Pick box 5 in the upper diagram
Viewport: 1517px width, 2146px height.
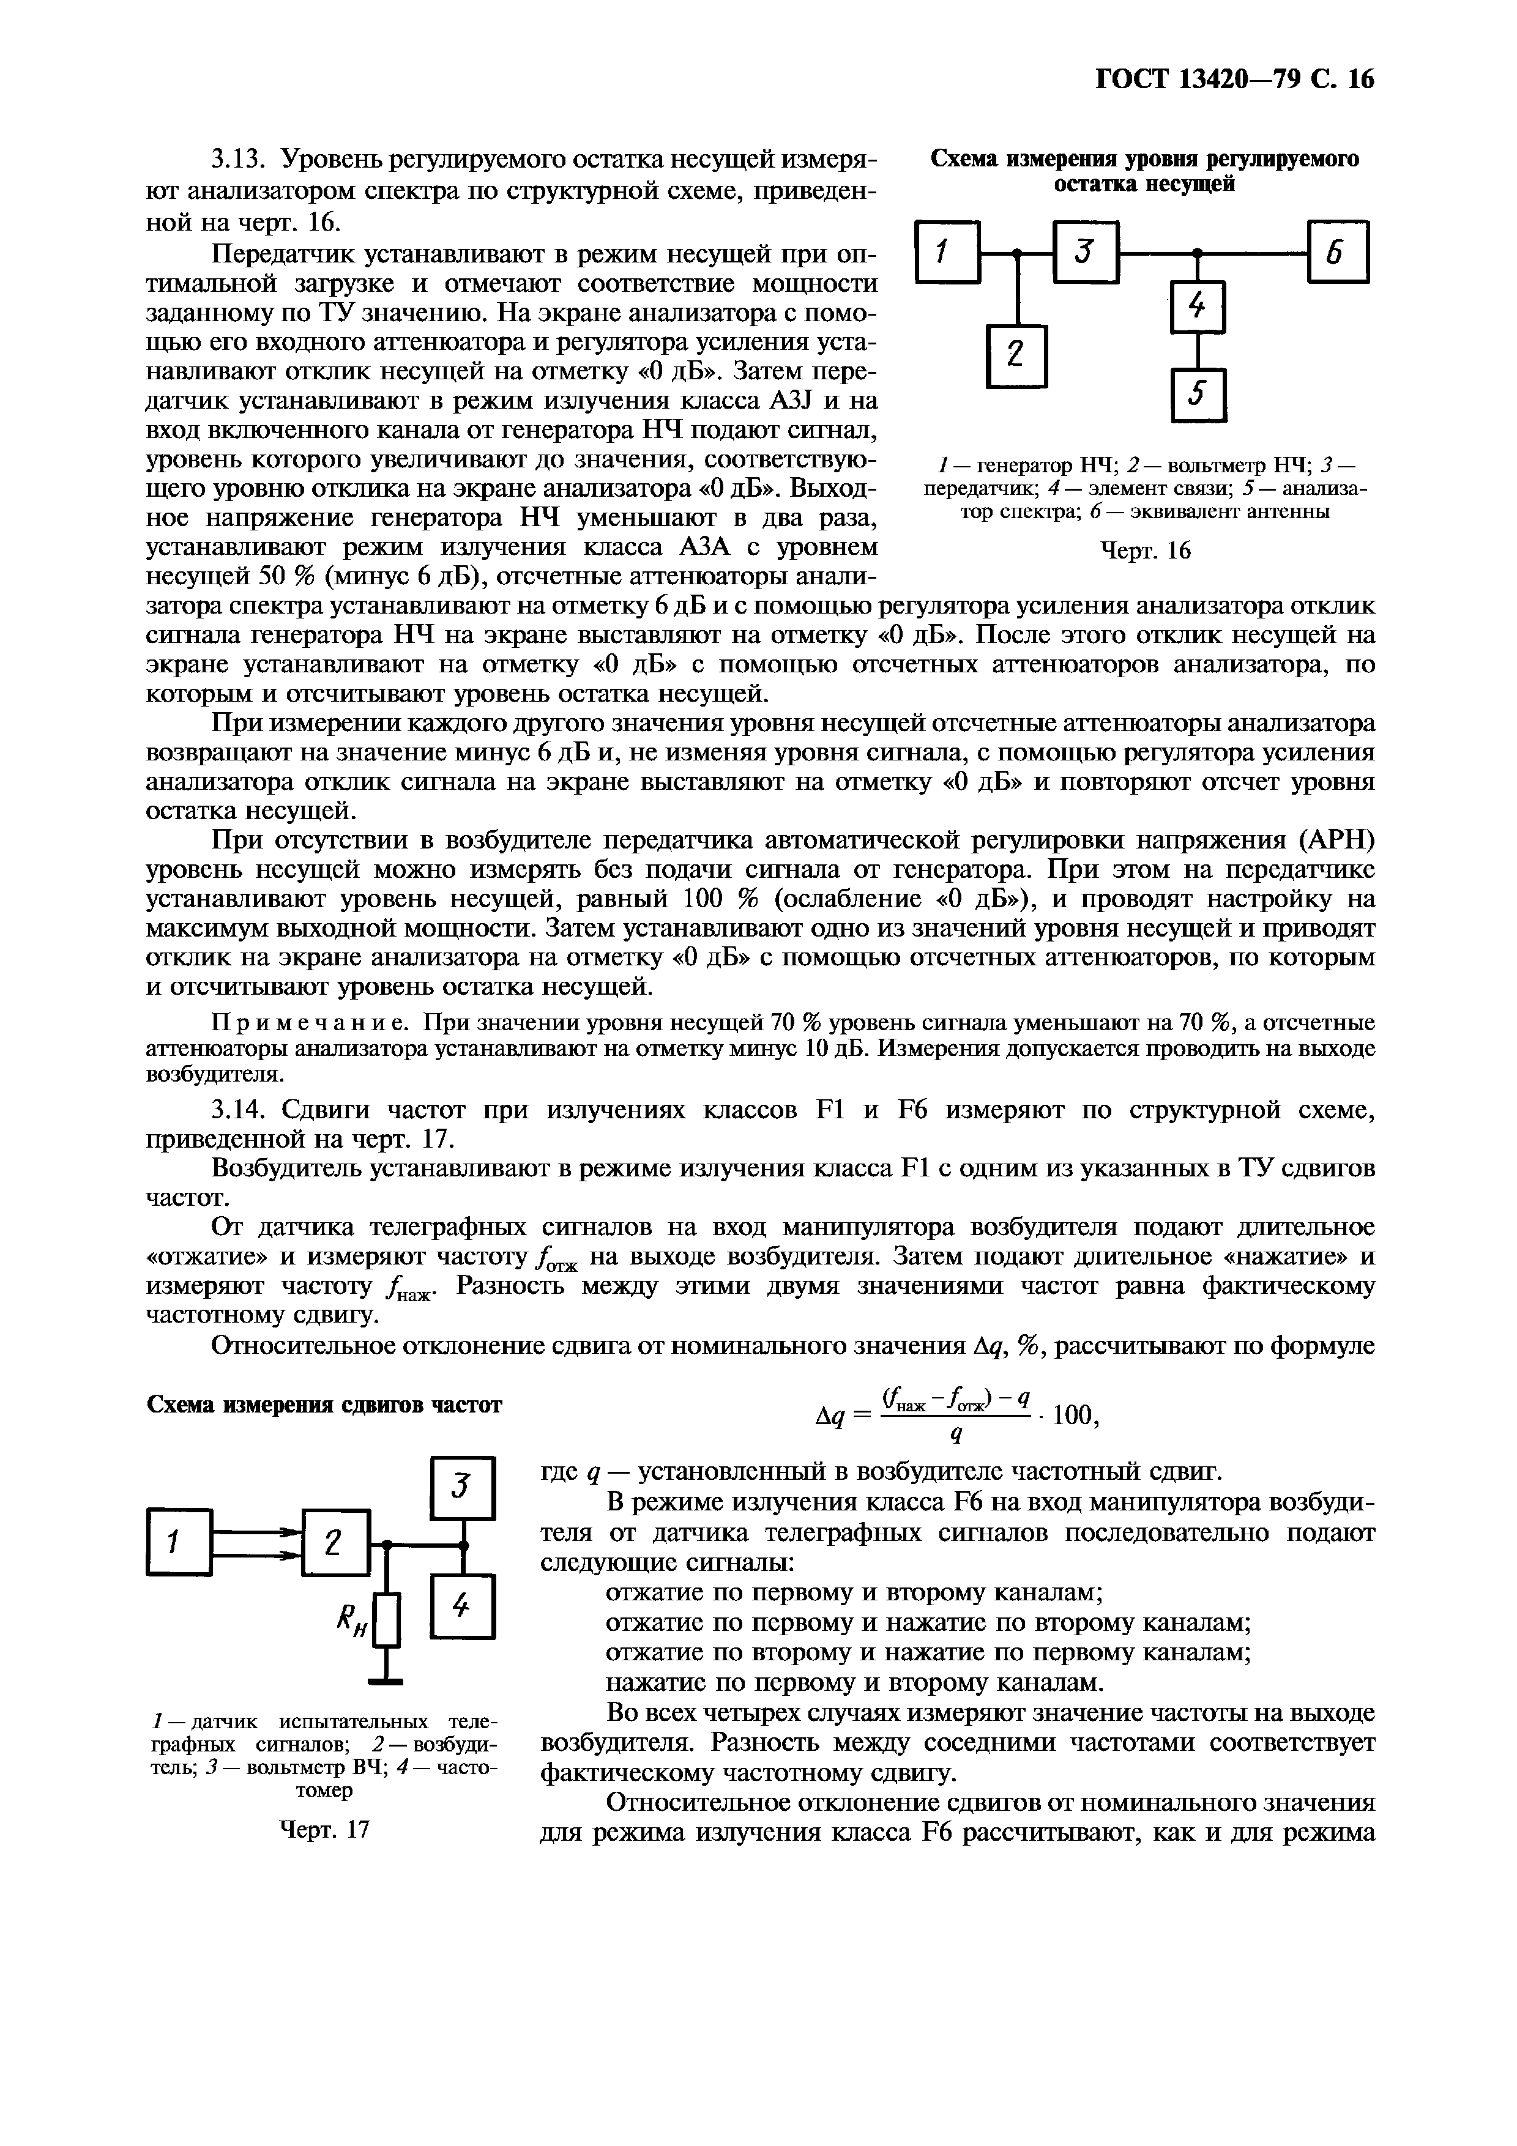1198,396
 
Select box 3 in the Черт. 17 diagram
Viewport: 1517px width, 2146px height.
462,1487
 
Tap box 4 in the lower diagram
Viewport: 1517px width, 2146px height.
462,1606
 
